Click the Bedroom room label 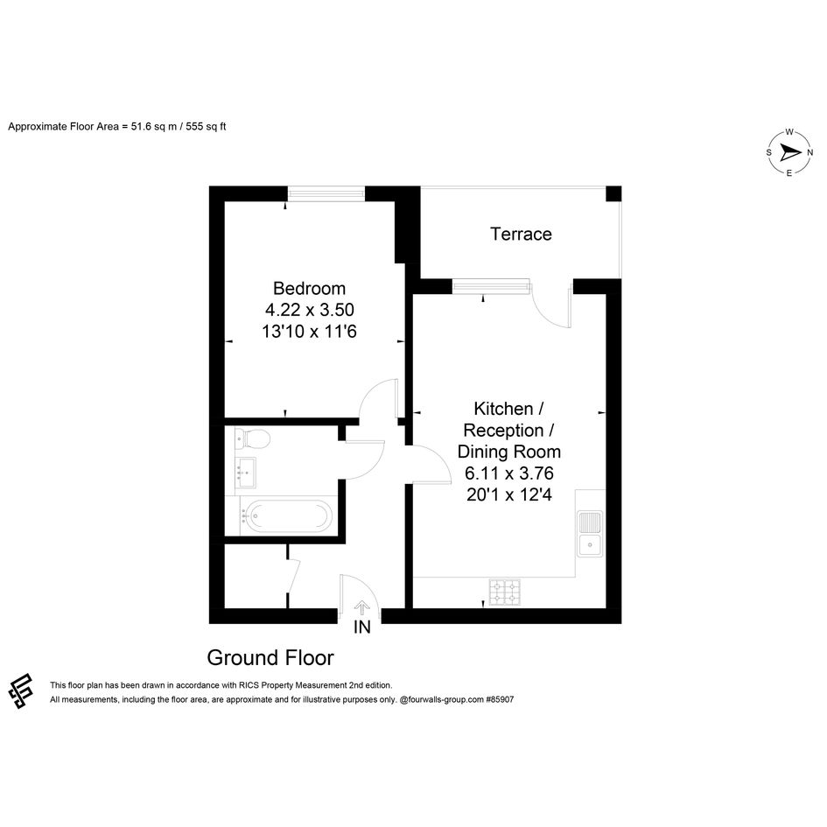(x=309, y=289)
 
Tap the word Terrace (x=521, y=235)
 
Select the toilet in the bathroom (x=253, y=438)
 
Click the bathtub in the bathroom (x=287, y=515)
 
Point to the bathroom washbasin (x=246, y=472)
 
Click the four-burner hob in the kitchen (x=505, y=592)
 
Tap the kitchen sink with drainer (x=590, y=533)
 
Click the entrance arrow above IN (x=361, y=608)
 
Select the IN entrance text (x=361, y=627)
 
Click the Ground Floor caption (x=270, y=658)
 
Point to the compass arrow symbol (x=789, y=153)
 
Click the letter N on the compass (x=809, y=153)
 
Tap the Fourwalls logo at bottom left (x=21, y=691)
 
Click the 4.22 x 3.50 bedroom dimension (x=310, y=310)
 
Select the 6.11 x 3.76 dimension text (x=509, y=473)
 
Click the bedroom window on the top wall (x=326, y=194)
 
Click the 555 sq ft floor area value (x=206, y=127)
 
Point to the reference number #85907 (x=500, y=699)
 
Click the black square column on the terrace (x=613, y=193)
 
